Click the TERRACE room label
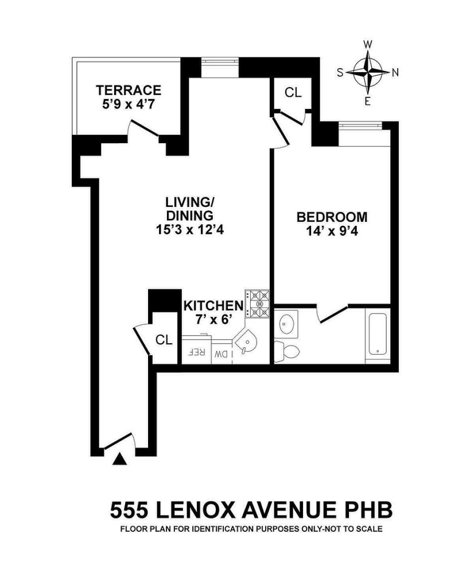(x=129, y=90)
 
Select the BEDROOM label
(x=332, y=217)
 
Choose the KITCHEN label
(x=213, y=305)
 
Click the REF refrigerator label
(x=197, y=353)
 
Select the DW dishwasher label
(x=221, y=354)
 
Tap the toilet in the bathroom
(x=286, y=349)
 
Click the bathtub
(x=378, y=334)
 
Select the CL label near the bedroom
(x=293, y=93)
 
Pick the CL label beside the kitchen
(x=164, y=339)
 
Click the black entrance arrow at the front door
(x=119, y=458)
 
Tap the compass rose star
(x=367, y=72)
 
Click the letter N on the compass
(x=395, y=72)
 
